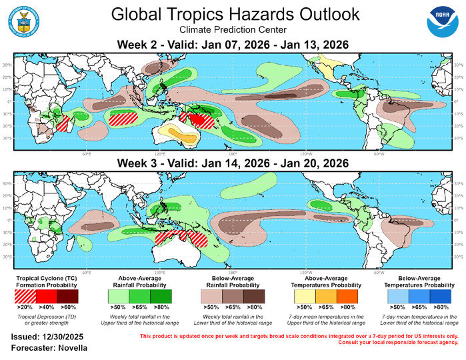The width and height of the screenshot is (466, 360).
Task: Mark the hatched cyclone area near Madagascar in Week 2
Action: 63,123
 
